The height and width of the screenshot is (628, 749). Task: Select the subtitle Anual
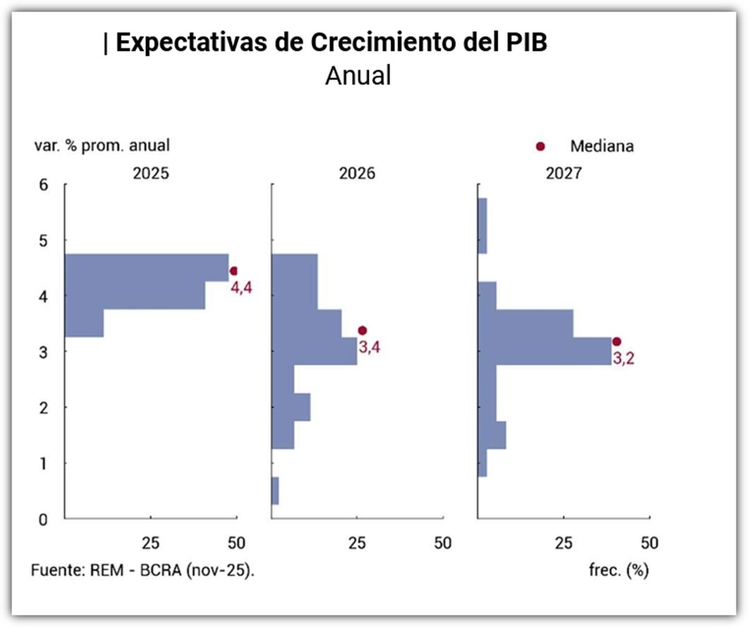coord(358,76)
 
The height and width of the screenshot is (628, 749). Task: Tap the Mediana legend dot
coord(541,147)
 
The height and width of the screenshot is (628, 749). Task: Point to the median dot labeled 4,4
coord(234,271)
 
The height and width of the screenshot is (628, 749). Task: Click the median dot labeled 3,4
coord(362,330)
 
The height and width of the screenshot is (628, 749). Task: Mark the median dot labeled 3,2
coord(617,341)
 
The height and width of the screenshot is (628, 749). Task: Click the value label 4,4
coord(242,288)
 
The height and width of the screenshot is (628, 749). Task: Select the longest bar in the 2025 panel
coord(147,268)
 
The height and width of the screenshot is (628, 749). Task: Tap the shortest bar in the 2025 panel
coord(84,323)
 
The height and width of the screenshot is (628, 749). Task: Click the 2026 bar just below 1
coord(275,491)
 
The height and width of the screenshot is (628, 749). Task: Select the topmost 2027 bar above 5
coord(482,226)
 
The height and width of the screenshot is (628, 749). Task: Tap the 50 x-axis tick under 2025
coord(237,542)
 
